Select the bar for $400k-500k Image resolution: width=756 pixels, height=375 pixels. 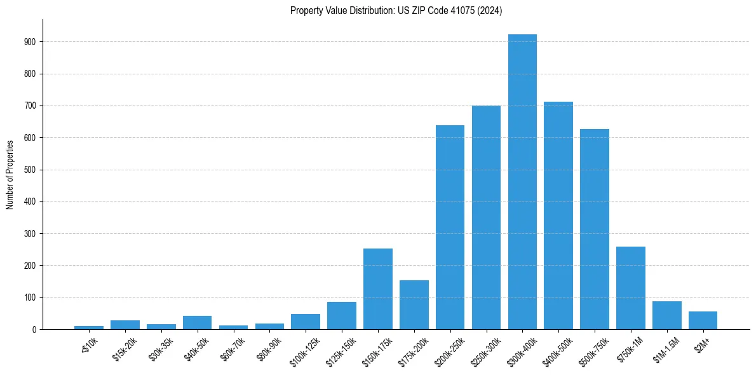(x=558, y=215)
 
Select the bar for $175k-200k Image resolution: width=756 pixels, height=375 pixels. (x=414, y=305)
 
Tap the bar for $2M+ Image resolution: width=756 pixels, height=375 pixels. (x=703, y=320)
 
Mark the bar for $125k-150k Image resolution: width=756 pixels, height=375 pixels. (x=341, y=316)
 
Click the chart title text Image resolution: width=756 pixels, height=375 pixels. (x=396, y=11)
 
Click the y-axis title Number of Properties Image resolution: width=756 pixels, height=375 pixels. (x=10, y=174)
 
